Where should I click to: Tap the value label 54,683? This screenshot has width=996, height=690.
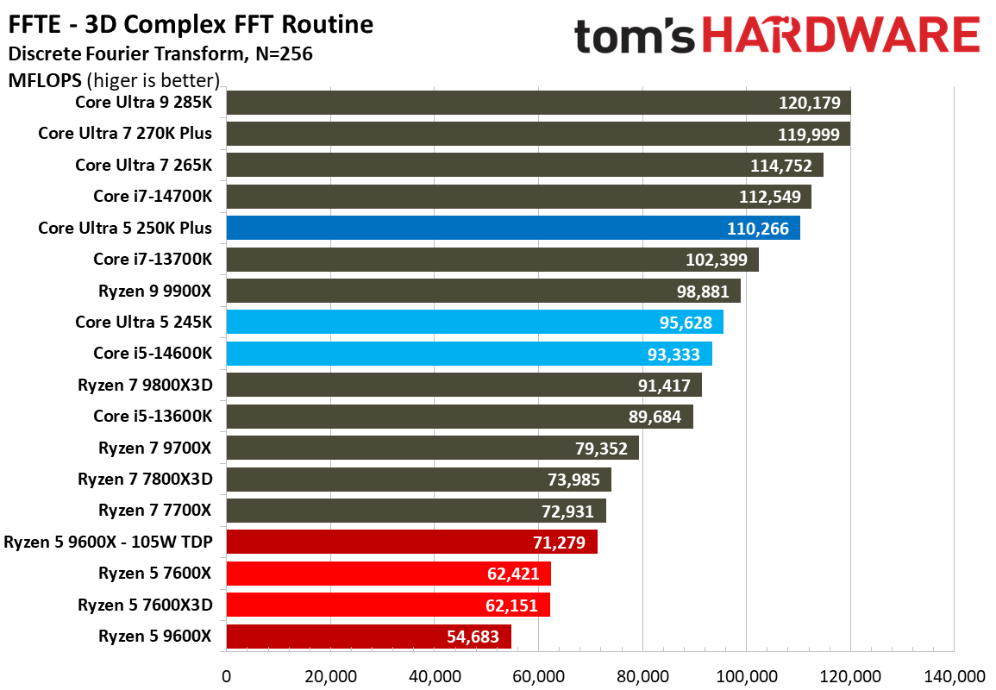tap(470, 637)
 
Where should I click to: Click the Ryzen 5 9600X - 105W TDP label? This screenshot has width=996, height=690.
tap(108, 543)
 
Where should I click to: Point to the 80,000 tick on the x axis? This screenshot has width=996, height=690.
tap(642, 676)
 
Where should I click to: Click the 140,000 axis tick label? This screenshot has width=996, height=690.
tap(953, 676)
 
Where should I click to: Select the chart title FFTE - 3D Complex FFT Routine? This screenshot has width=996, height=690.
tap(191, 24)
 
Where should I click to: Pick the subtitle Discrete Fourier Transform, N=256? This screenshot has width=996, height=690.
tap(160, 54)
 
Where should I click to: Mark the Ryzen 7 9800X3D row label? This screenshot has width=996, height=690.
tap(145, 385)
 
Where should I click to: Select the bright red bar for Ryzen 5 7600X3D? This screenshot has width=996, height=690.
tap(387, 605)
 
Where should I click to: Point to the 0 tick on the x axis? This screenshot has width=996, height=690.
tap(226, 676)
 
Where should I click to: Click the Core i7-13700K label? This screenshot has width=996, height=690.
tap(153, 259)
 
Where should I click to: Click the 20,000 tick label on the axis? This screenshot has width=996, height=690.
tap(330, 676)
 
